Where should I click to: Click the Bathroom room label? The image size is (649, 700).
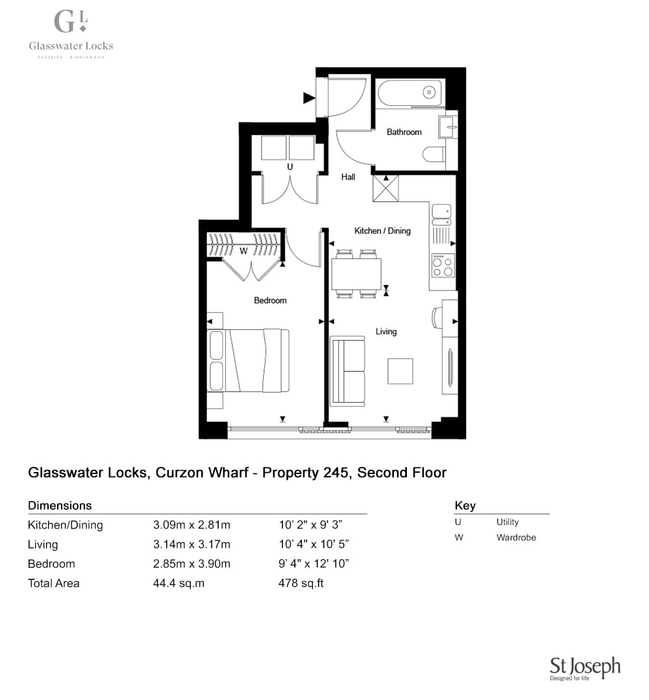point(404,132)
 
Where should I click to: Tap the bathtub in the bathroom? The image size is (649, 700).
point(411,93)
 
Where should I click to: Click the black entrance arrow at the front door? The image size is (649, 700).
point(309,98)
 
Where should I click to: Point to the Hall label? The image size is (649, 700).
point(348,177)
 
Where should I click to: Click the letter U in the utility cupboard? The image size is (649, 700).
point(290,166)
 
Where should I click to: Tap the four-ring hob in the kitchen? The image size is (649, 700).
point(443,265)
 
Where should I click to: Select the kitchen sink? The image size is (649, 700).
point(441,214)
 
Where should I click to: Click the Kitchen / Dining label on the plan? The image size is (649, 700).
point(382,231)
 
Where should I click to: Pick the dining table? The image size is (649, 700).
point(356,273)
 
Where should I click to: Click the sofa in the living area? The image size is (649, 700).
point(347,371)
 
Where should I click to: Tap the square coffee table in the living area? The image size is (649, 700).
point(400,371)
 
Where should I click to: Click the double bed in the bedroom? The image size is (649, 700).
point(249,361)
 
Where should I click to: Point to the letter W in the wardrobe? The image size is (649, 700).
point(243,251)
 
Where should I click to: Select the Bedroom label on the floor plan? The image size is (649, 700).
point(270,301)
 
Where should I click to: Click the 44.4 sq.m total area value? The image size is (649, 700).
point(178,583)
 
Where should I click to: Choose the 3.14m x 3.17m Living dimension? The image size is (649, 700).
point(192,544)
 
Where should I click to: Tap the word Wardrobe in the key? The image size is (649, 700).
point(516,538)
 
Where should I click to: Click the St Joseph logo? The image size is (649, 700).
point(585,668)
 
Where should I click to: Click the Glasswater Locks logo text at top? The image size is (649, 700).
point(71,45)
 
